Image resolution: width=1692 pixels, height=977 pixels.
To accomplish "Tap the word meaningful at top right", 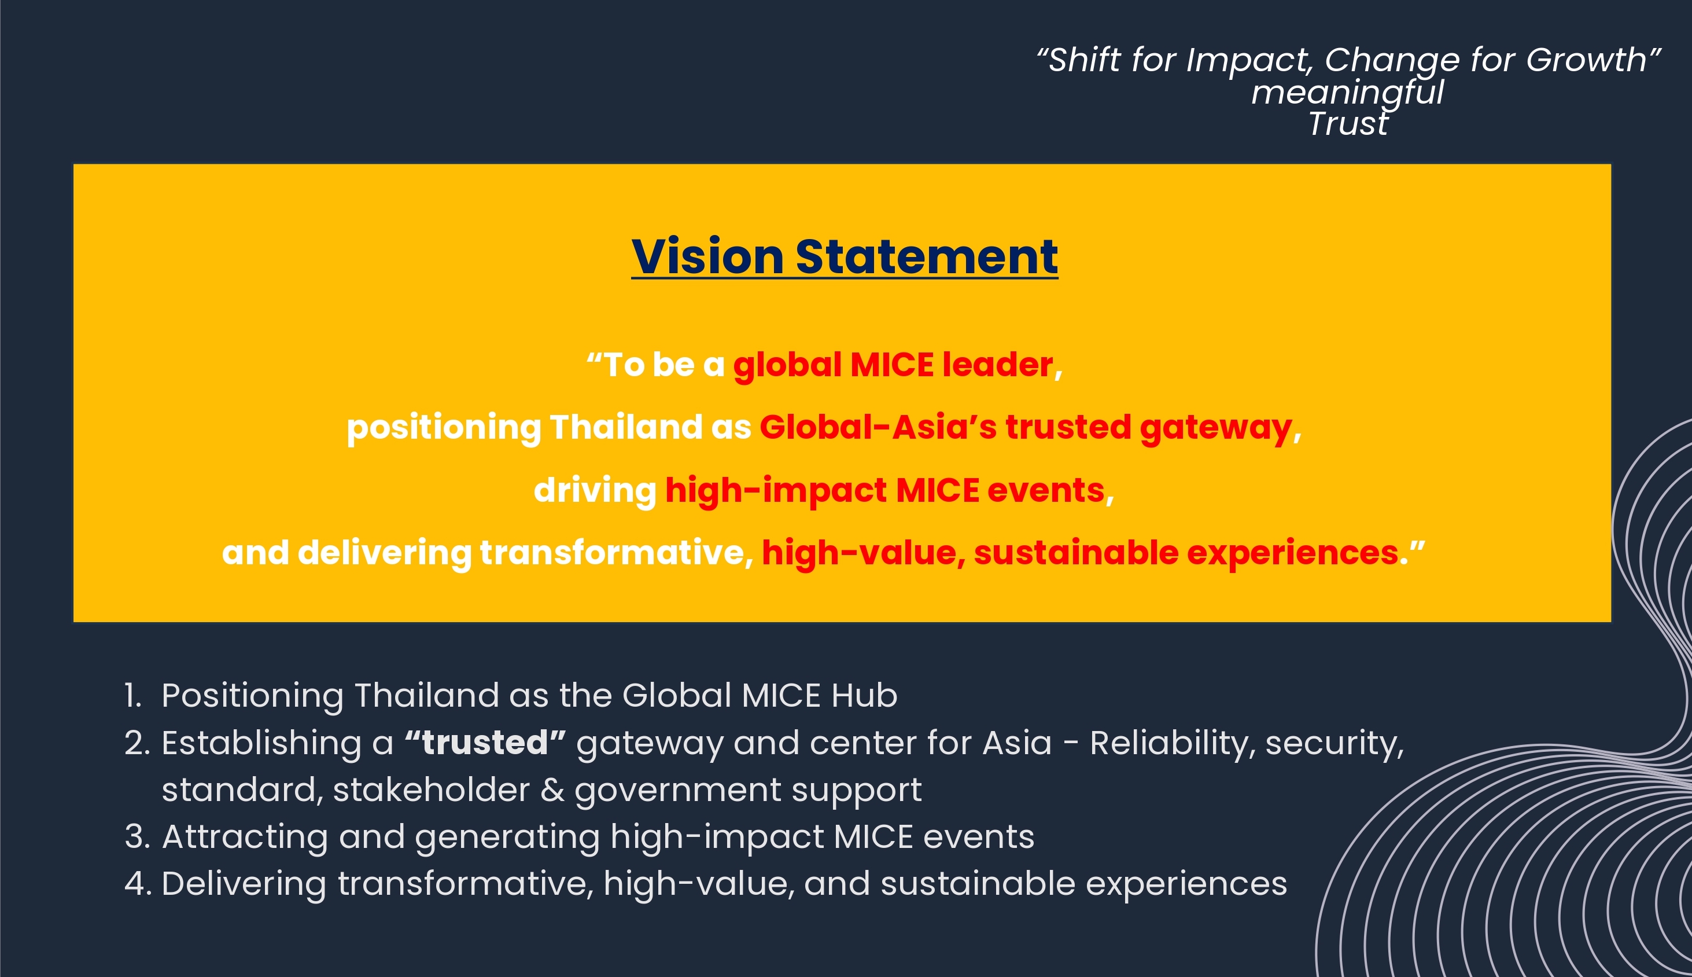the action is pos(1347,93).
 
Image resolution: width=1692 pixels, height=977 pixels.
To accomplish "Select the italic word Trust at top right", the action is pos(1348,123).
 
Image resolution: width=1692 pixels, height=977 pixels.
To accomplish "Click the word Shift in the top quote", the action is pos(1083,60).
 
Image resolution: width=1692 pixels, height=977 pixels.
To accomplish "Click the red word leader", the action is pos(998,365).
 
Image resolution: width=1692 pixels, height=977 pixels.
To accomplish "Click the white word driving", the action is pos(595,490).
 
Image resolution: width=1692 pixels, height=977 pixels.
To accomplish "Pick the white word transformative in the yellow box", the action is pos(612,553).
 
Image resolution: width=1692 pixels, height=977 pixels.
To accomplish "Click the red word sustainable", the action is pos(1076,553).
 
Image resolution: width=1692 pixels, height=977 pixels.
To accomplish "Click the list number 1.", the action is pos(132,696).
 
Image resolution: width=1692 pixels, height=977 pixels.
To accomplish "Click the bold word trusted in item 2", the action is pos(485,743).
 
